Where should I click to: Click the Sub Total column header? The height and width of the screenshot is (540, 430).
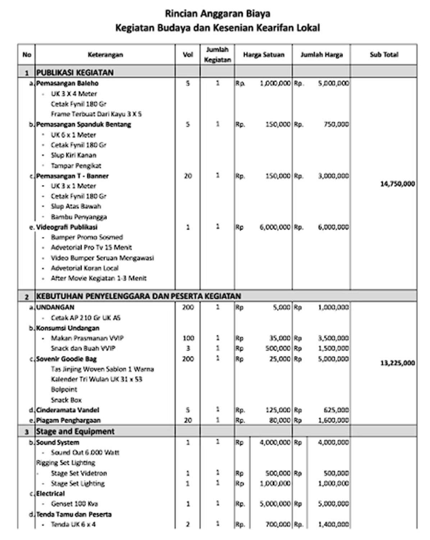(x=384, y=55)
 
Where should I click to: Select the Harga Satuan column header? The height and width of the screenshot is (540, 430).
(x=264, y=55)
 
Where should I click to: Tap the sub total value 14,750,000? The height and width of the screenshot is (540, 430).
(x=397, y=184)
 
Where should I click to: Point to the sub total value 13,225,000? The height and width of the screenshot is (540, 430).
(x=397, y=363)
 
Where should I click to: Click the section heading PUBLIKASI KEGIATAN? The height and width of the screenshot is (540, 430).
(x=75, y=72)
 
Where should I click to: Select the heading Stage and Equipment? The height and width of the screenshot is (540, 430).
(x=75, y=431)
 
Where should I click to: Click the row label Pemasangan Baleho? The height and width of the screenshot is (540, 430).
(x=67, y=83)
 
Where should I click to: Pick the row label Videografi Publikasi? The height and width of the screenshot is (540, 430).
(x=67, y=227)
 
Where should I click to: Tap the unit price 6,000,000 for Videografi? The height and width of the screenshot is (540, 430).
(x=275, y=227)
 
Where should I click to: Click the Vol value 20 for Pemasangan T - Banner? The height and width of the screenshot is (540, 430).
(x=188, y=176)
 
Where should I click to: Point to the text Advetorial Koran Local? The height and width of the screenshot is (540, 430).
(x=84, y=268)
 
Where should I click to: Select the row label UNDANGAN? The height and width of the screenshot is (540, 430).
(x=55, y=307)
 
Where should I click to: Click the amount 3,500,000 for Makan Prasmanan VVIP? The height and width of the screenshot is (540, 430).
(x=333, y=338)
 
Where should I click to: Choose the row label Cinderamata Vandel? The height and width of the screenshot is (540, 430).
(x=68, y=410)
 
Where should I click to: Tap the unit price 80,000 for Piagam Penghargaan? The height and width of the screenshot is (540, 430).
(x=280, y=420)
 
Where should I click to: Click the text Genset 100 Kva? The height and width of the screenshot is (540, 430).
(x=74, y=504)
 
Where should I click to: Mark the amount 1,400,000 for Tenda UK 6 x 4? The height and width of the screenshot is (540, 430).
(x=333, y=525)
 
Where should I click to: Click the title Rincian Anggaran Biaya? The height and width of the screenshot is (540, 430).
(x=218, y=14)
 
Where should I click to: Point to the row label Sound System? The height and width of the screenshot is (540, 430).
(x=58, y=442)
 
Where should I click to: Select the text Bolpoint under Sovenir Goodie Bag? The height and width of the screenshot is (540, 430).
(x=64, y=390)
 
